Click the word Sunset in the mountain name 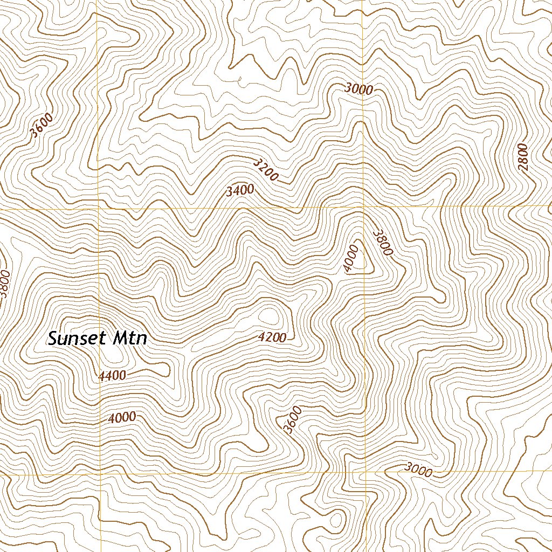point(78,339)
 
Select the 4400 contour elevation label point(113,376)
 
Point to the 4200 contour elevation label point(272,338)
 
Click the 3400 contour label point(240,190)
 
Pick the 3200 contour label point(265,169)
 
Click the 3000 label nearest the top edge point(358,89)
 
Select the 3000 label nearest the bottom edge point(418,470)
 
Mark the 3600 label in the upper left point(42,126)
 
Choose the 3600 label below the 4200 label point(292,420)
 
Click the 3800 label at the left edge point(5,284)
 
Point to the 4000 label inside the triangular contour point(351,259)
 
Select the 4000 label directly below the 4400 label point(121,418)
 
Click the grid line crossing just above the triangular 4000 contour point(363,207)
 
